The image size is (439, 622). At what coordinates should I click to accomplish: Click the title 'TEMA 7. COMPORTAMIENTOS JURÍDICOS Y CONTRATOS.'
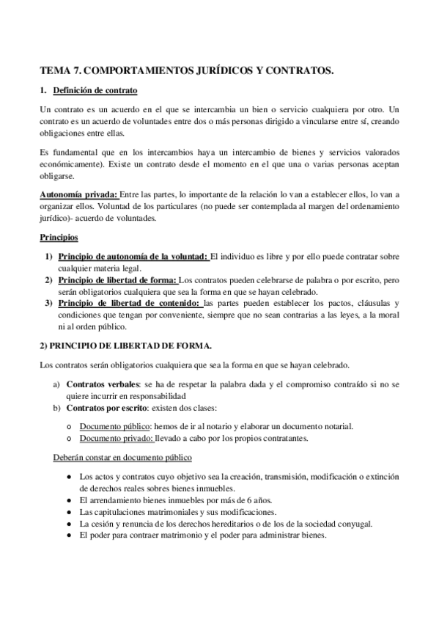click(187, 71)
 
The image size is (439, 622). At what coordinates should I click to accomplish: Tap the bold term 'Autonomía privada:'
click(78, 194)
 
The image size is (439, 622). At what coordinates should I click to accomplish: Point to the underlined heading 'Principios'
click(59, 238)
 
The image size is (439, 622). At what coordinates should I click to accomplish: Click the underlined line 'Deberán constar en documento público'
click(122, 458)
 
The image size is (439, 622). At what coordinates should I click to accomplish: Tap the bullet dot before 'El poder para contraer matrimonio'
click(67, 535)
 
